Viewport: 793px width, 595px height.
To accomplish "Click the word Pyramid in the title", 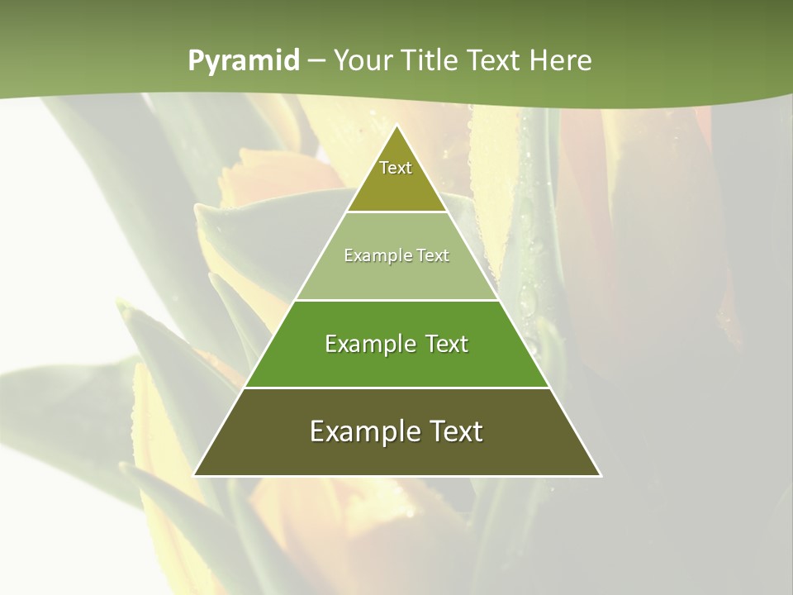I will [x=243, y=61].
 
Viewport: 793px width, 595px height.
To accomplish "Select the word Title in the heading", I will [x=430, y=61].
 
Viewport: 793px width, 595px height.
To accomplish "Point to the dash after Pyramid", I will [x=316, y=61].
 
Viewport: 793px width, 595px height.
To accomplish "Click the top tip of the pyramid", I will [x=396, y=126].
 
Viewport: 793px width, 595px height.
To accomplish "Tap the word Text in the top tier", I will [x=396, y=168].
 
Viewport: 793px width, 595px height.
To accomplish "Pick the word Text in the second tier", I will [x=432, y=256].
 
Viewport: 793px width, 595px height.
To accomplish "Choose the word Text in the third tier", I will [x=444, y=345].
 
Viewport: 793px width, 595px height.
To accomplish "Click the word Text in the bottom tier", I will [x=453, y=432].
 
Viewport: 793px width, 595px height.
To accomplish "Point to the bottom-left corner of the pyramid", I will [x=194, y=475].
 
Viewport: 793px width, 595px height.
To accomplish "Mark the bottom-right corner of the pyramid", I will [x=600, y=475].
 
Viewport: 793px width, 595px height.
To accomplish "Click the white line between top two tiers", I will [x=396, y=212].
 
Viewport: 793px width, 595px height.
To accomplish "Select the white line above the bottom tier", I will [x=396, y=388].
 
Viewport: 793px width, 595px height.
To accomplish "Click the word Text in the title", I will [x=496, y=61].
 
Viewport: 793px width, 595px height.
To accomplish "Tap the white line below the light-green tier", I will [x=396, y=300].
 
